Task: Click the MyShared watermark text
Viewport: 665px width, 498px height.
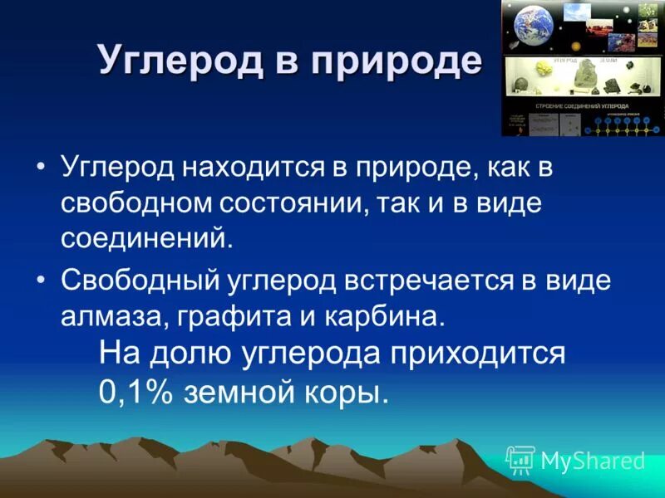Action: pos(592,461)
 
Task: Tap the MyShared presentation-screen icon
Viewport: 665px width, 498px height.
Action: pos(520,459)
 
